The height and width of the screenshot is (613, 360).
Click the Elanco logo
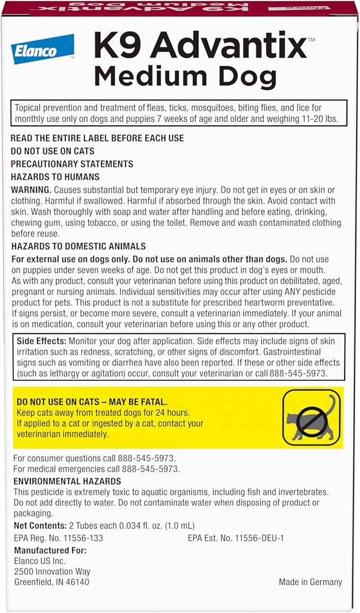tap(42, 49)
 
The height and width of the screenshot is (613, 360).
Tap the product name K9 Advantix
tap(200, 47)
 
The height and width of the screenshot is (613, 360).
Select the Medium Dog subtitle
tap(185, 77)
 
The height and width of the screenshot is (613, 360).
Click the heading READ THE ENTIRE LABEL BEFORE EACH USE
tap(97, 138)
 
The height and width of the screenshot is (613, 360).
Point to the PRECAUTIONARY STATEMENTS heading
tap(72, 164)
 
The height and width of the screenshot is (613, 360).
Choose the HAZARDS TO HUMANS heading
tap(55, 177)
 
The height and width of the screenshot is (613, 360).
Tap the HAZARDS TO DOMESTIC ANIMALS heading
tap(78, 247)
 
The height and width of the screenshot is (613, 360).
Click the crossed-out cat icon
tap(311, 417)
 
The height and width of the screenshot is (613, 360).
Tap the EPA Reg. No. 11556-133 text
tap(58, 538)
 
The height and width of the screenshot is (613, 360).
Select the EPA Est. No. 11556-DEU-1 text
tap(236, 538)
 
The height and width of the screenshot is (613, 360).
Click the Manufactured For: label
tap(50, 550)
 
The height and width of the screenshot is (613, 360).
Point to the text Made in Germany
tap(310, 582)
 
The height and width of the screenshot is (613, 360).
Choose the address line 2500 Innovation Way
tap(52, 572)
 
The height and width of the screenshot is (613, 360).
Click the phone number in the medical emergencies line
tap(151, 469)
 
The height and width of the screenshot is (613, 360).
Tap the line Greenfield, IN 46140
tap(51, 582)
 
